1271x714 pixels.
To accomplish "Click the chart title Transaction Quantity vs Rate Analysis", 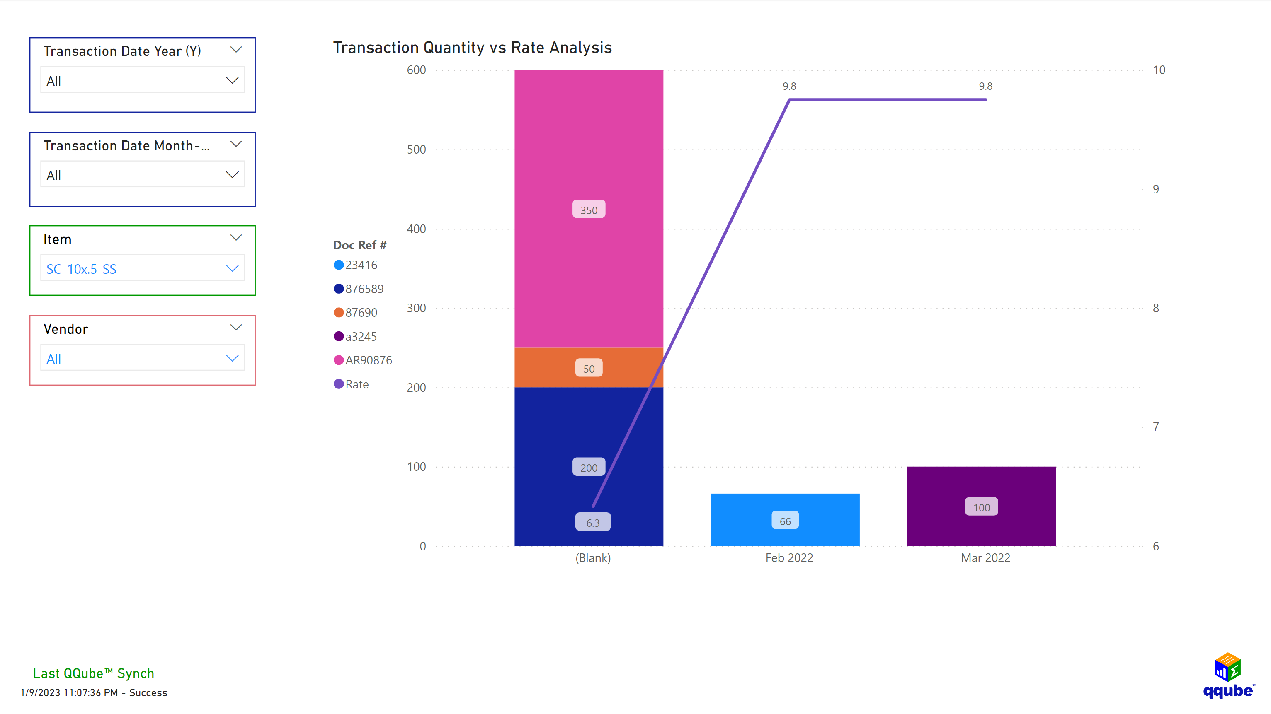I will pos(472,47).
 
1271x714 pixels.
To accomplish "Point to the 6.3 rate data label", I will pos(592,522).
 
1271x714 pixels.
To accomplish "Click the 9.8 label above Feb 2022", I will pos(789,86).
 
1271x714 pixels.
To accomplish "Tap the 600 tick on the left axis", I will pos(416,70).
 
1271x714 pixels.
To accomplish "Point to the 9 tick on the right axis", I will pos(1155,189).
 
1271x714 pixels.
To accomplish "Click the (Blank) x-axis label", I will pos(592,558).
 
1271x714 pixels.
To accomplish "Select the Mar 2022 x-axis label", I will pos(985,558).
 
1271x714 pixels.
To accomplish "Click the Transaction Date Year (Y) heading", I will pos(122,51).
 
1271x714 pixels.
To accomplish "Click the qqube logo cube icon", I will pos(1227,667).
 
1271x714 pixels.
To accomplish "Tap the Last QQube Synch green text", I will pos(93,673).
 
